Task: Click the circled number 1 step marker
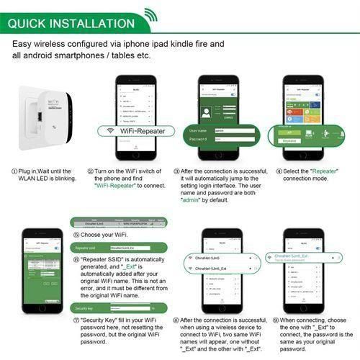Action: [x=14, y=172]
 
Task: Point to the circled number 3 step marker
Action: [x=177, y=172]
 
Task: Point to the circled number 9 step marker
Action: [x=276, y=319]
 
